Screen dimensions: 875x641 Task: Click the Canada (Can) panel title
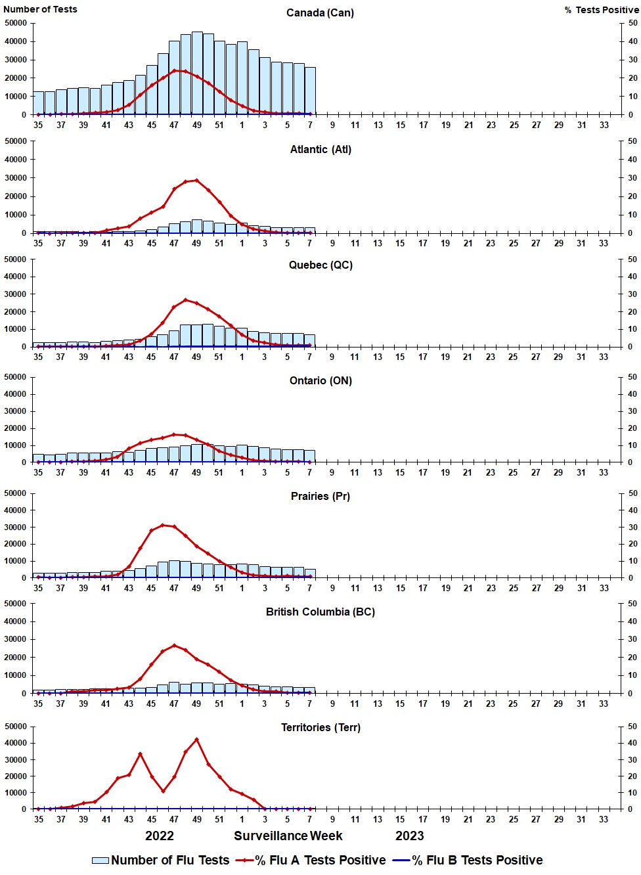coord(320,13)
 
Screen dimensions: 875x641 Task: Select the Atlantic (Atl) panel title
coord(320,150)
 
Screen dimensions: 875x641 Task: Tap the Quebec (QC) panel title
coord(320,265)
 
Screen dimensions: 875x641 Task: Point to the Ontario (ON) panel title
coord(320,381)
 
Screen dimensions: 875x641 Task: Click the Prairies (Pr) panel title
coord(320,497)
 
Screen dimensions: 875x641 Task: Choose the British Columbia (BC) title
coord(320,612)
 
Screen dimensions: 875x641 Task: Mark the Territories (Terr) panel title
coord(320,728)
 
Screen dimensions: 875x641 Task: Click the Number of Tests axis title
coord(40,9)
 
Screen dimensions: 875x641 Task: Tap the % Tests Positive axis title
coord(601,10)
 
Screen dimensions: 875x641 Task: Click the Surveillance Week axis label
coord(288,836)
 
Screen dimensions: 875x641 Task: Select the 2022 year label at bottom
coord(160,836)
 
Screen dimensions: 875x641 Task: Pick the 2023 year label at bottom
coord(409,836)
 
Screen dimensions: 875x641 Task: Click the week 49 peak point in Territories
coord(196,740)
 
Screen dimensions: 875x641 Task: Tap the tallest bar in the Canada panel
coord(197,72)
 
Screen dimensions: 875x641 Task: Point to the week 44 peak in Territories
coord(140,754)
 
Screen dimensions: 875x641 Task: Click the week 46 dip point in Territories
coord(163,791)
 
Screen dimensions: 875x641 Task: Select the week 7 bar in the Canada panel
coord(310,91)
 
